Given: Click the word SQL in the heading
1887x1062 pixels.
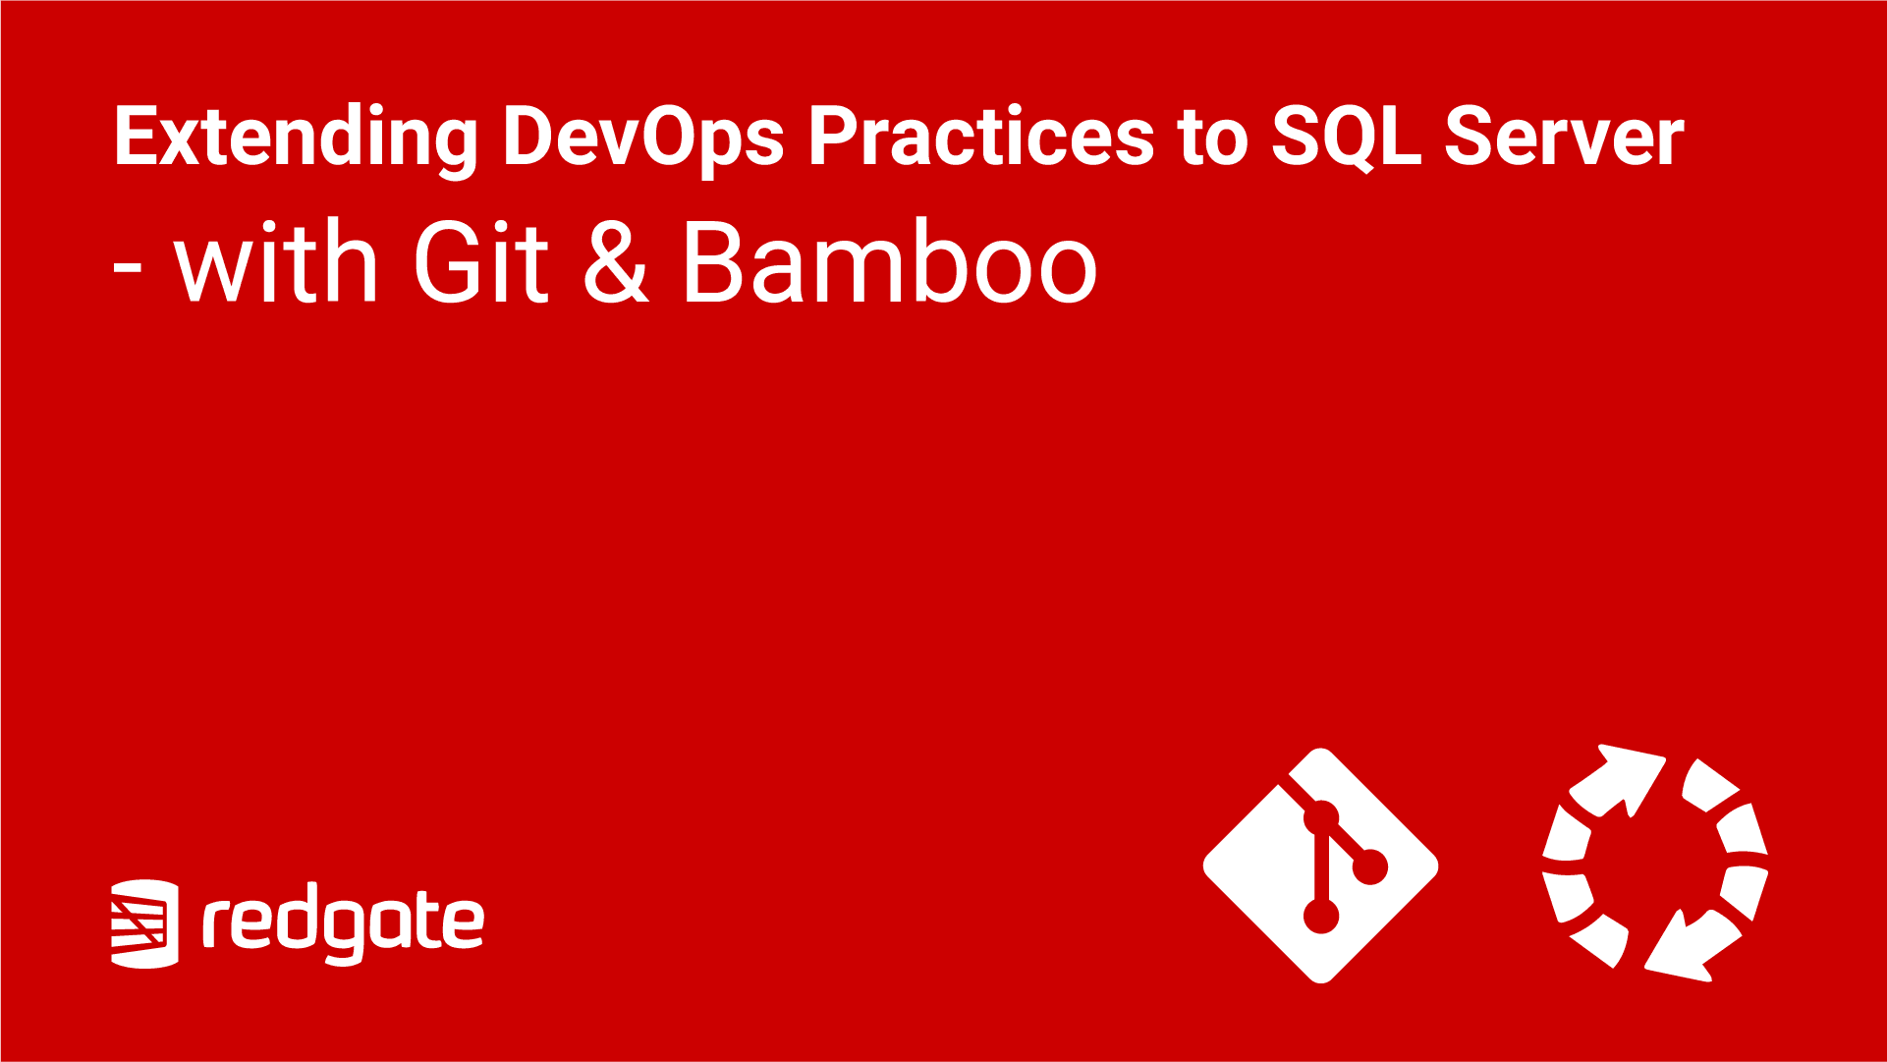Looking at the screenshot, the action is pos(1347,138).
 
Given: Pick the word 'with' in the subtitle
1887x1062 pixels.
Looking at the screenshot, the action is pos(277,261).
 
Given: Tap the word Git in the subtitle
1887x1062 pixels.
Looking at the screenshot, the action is pos(480,261).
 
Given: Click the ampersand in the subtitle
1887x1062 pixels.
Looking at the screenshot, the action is pos(617,261).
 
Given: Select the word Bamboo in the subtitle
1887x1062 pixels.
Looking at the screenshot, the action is pos(890,261).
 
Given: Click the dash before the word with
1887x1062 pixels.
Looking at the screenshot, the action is pos(128,267).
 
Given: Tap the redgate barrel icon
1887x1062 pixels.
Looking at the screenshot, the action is pos(144,923).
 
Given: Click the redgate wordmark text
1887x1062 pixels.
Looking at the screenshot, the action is pos(344,924).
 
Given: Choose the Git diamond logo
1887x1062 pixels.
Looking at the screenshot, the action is pos(1321,866).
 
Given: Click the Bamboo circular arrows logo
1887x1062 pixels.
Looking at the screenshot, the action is pos(1655,864).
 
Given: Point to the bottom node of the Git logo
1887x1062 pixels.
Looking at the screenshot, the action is pos(1321,916).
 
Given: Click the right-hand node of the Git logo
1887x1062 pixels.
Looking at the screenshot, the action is pos(1369,866).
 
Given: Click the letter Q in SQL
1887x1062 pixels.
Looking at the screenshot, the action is pos(1347,139).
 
